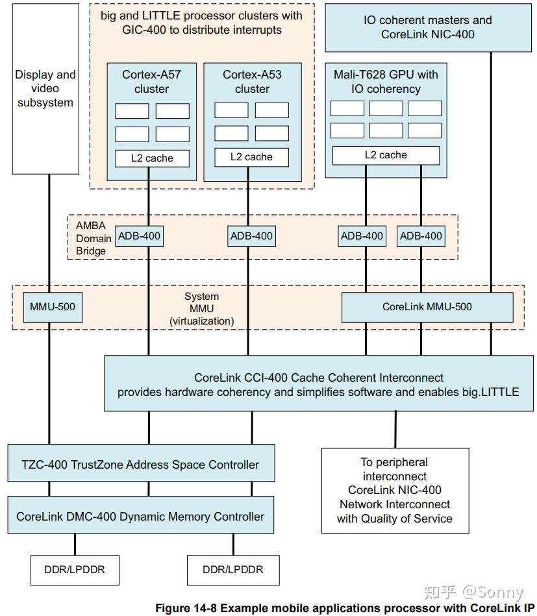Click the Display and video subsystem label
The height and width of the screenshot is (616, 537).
click(45, 89)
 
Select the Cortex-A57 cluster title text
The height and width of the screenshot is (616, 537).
click(151, 82)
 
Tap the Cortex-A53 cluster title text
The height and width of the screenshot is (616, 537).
click(252, 82)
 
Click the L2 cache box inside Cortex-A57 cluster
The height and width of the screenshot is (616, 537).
click(153, 158)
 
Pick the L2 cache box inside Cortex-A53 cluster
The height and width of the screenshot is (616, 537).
click(252, 156)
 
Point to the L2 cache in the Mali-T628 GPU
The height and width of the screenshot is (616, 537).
click(386, 155)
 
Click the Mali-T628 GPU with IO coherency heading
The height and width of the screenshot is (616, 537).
click(386, 82)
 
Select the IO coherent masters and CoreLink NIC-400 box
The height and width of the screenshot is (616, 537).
click(427, 27)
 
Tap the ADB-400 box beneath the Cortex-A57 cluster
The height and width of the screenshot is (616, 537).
click(139, 236)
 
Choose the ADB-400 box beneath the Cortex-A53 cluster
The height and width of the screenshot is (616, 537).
click(252, 236)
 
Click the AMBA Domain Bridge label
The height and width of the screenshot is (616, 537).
click(90, 238)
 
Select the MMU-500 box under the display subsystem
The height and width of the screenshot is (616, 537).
click(53, 307)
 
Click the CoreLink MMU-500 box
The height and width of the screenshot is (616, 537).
click(427, 307)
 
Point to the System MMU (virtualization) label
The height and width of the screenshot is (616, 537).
click(201, 308)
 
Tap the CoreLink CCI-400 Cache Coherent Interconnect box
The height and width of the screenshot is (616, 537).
click(319, 384)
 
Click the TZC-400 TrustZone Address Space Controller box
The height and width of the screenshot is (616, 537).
click(140, 464)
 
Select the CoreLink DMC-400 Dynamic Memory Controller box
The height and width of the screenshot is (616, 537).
click(140, 517)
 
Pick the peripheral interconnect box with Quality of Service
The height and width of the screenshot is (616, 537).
click(394, 490)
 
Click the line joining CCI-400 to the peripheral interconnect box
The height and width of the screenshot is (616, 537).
click(395, 429)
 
